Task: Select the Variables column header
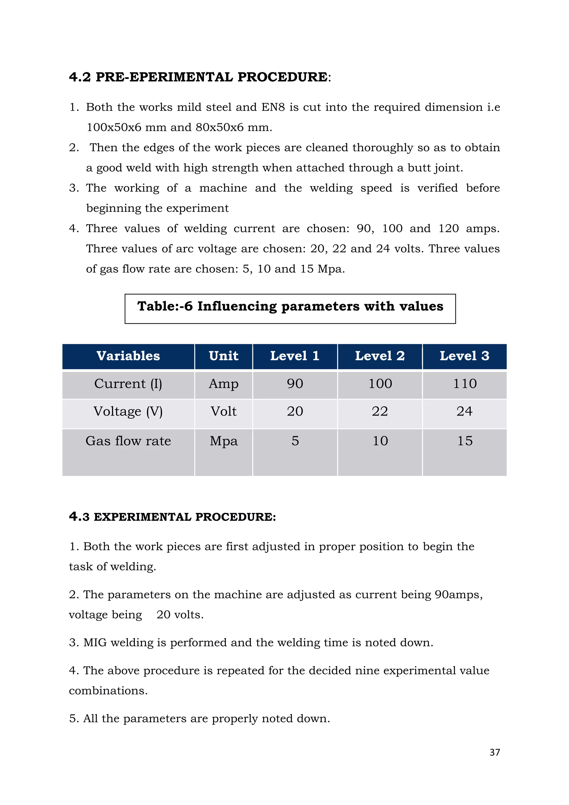pyautogui.click(x=128, y=356)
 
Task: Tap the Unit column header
pyautogui.click(x=224, y=356)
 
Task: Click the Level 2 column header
pyautogui.click(x=380, y=356)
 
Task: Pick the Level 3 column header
pyautogui.click(x=465, y=356)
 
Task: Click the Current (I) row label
pyautogui.click(x=128, y=384)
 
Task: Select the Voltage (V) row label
pyautogui.click(x=128, y=411)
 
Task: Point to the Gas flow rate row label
pyautogui.click(x=128, y=441)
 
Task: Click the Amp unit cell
pyautogui.click(x=224, y=384)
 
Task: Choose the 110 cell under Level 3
pyautogui.click(x=465, y=384)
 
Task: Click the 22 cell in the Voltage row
pyautogui.click(x=380, y=411)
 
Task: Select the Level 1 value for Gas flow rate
pyautogui.click(x=295, y=441)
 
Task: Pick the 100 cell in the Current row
pyautogui.click(x=380, y=384)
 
